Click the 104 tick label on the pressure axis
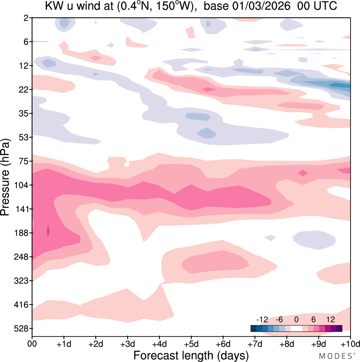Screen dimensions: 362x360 21,185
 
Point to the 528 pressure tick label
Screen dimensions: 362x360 21,329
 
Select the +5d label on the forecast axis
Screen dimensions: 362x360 191,344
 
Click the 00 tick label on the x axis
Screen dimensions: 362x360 32,344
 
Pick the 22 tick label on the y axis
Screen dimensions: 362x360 24,90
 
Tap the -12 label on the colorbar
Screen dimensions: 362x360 262,319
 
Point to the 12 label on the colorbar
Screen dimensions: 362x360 330,319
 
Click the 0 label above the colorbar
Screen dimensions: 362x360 296,319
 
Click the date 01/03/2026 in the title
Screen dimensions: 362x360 261,6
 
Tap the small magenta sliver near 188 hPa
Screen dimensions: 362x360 48,231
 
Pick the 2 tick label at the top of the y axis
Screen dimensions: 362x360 26,18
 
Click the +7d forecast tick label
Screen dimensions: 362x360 255,344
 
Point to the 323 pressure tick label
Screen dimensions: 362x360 21,281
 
